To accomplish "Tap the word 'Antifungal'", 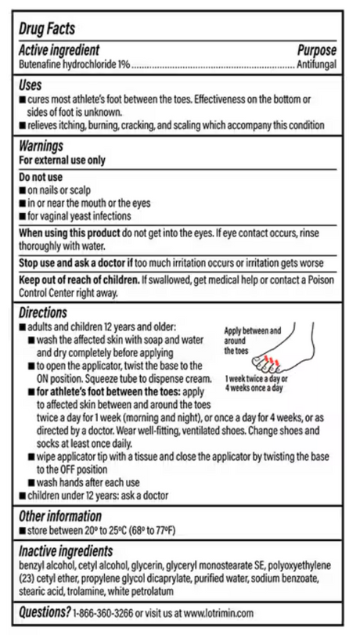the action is tap(316, 63).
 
